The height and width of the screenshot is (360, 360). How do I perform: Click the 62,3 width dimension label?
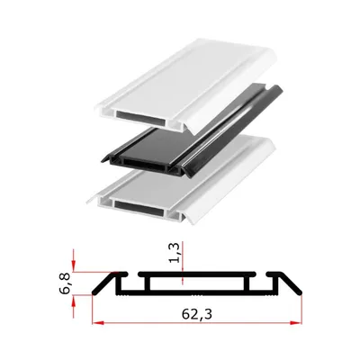click(196, 314)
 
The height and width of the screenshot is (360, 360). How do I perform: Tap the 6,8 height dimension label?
click(66, 283)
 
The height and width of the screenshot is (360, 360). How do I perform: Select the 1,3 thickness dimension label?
click(175, 253)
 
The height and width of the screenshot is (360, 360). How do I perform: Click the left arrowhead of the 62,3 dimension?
click(98, 323)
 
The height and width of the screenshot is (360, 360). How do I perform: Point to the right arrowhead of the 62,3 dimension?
click(295, 323)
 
